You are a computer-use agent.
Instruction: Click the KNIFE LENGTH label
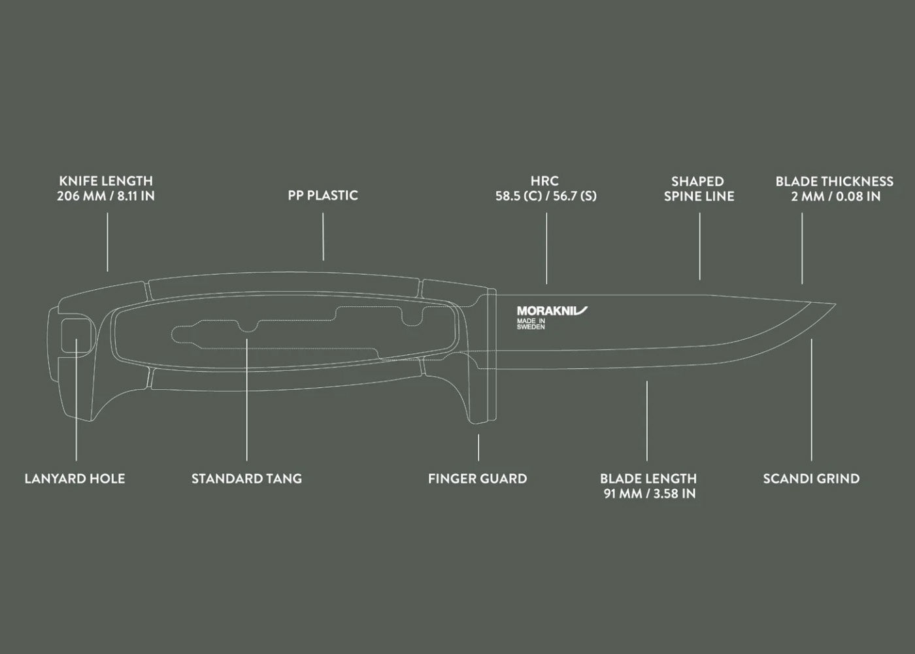[106, 181]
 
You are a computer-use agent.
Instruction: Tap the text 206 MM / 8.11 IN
[106, 196]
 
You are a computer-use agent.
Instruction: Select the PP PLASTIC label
[323, 196]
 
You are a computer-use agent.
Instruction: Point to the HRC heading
[545, 181]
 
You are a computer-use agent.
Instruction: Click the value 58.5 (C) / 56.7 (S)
[546, 196]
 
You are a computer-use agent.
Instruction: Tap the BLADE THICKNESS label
[834, 181]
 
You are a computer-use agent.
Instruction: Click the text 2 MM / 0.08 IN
[835, 196]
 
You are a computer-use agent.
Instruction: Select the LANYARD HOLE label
[75, 479]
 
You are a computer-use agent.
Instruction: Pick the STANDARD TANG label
[246, 479]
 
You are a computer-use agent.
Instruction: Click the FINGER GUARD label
[477, 479]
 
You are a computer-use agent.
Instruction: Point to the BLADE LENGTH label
[648, 479]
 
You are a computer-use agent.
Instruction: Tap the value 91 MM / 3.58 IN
[649, 494]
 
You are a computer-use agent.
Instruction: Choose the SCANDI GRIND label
[811, 479]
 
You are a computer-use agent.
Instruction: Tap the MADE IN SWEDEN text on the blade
[531, 324]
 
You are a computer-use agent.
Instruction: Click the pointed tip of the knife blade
[833, 305]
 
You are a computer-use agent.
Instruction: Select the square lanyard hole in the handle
[76, 335]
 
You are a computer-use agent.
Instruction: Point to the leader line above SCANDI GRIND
[812, 399]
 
